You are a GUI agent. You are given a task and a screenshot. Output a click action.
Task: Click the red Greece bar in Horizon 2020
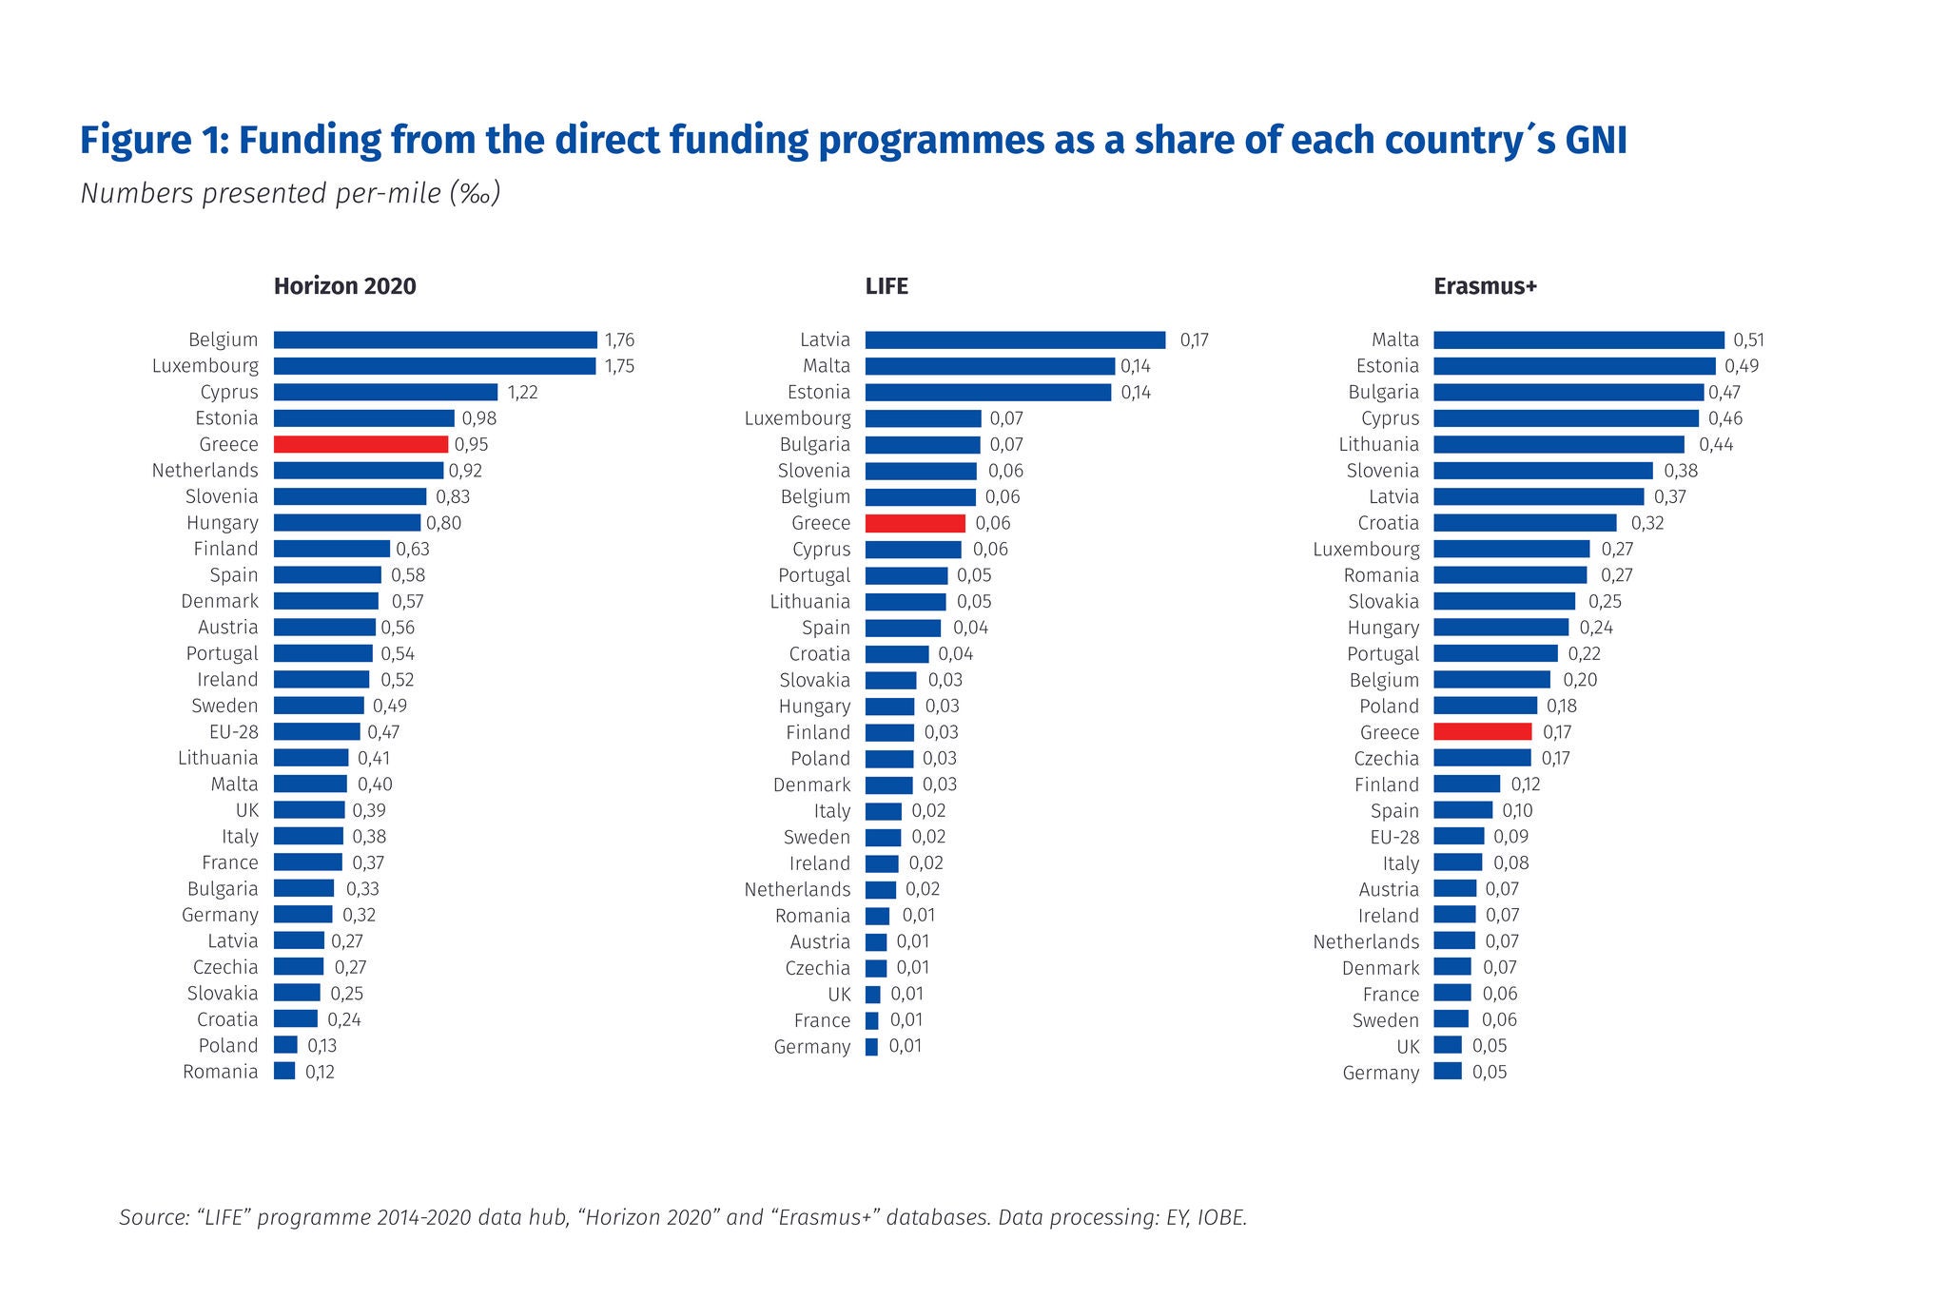[x=360, y=444]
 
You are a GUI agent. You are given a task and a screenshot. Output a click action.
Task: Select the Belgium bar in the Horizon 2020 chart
[x=435, y=339]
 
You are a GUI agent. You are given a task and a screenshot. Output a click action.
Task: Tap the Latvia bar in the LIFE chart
[x=1015, y=339]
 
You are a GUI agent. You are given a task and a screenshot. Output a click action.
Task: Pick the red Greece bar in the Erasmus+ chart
[x=1482, y=732]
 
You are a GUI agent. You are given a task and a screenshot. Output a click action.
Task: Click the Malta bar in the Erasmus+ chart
[x=1578, y=339]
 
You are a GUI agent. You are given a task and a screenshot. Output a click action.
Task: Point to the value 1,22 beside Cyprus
[x=523, y=392]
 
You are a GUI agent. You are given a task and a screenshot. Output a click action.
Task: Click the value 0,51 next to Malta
[x=1748, y=339]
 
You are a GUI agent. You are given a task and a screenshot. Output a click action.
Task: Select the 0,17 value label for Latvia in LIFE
[x=1194, y=339]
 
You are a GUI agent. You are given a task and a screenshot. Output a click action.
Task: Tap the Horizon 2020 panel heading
[x=344, y=286]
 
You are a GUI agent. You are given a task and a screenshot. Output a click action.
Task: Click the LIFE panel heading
[x=886, y=286]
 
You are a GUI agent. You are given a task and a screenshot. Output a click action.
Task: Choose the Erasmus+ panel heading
[x=1485, y=286]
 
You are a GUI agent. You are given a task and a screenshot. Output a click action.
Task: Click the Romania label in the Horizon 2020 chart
[x=220, y=1072]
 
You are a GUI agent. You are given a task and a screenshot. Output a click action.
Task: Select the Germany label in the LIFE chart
[x=811, y=1047]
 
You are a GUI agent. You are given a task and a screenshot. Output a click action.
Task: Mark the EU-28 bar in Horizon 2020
[x=317, y=732]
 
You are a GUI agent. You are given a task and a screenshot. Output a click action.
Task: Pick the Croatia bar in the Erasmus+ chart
[x=1525, y=523]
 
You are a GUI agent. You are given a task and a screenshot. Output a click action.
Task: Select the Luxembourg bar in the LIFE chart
[x=923, y=418]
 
